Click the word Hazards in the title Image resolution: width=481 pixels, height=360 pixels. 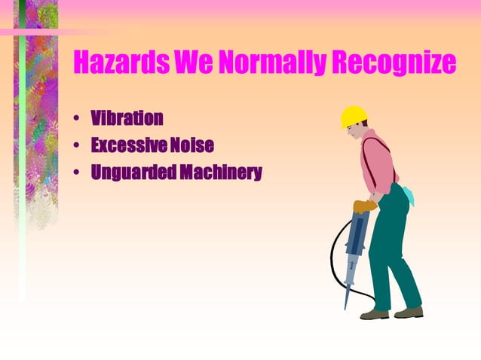click(x=121, y=63)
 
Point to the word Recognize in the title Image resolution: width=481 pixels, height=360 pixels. click(x=393, y=63)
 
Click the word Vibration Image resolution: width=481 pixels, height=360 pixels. click(x=127, y=118)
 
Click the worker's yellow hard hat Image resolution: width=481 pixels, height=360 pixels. click(x=353, y=116)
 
